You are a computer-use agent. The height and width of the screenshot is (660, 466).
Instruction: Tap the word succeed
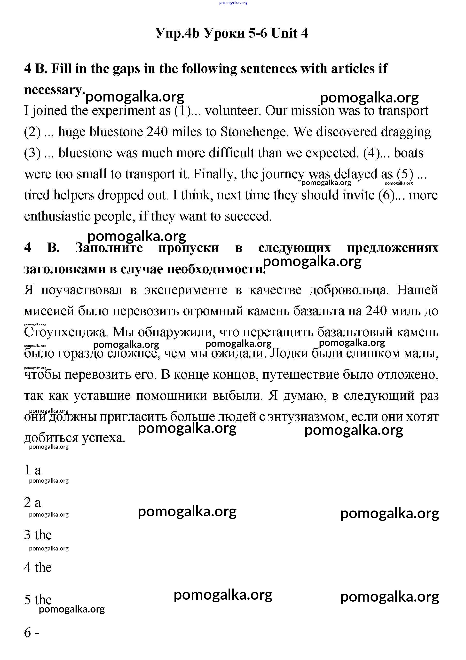pos(248,216)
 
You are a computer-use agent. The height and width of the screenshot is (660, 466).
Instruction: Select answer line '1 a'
pos(33,470)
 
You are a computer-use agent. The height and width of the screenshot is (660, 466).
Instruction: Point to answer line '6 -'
pos(32,632)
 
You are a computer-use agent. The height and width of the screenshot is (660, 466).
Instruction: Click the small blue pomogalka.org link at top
pos(233,3)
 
